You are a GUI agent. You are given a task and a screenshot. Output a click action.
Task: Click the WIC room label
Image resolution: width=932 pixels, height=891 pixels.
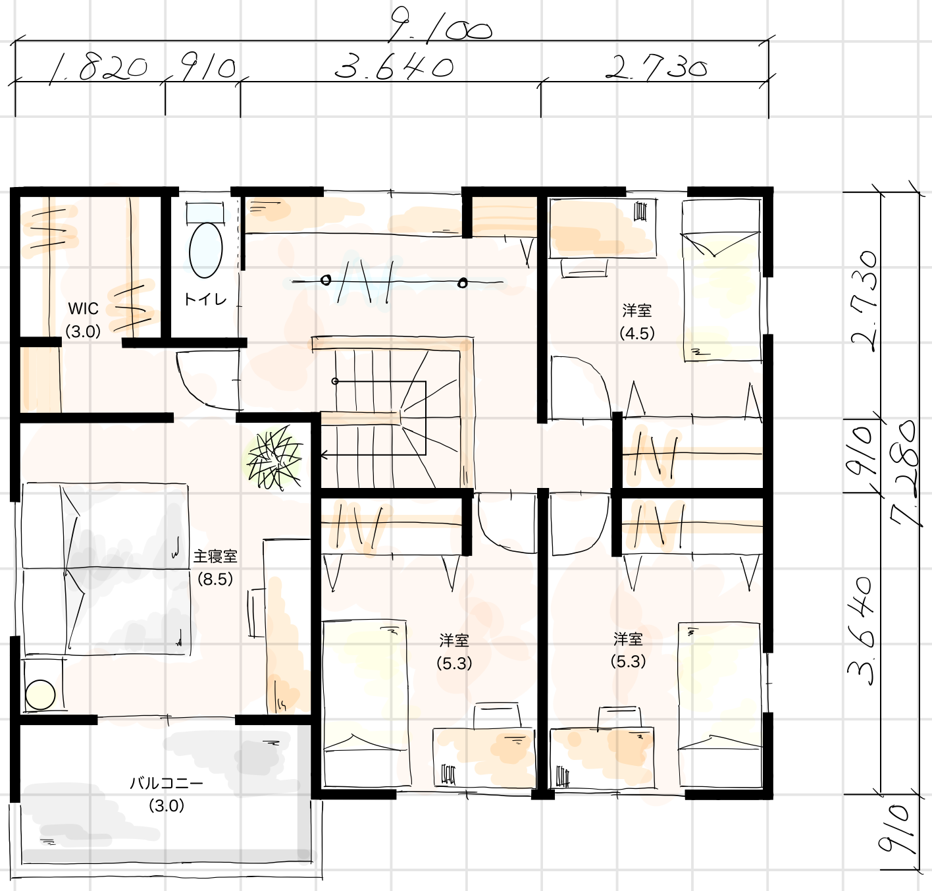tap(83, 309)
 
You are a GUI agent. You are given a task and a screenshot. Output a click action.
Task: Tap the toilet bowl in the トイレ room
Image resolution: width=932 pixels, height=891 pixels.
tap(205, 250)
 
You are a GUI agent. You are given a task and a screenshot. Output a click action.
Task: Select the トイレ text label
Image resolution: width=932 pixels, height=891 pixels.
tap(205, 300)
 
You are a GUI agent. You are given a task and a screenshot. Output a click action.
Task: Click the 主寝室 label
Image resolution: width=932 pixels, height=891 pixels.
tap(215, 556)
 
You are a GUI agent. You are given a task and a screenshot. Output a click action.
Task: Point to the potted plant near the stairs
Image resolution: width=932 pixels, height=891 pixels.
tap(274, 458)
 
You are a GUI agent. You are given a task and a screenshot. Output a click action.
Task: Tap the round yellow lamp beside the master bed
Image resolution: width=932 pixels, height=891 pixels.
tap(40, 695)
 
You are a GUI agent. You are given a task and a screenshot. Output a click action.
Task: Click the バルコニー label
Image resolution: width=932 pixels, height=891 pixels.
tap(167, 784)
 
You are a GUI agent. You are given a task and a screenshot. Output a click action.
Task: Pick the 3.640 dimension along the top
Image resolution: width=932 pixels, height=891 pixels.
tap(394, 67)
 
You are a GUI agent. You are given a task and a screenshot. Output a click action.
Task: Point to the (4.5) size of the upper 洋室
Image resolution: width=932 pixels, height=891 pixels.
tap(636, 334)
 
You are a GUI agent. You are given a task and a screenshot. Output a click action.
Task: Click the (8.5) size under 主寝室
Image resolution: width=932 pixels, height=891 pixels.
tap(215, 579)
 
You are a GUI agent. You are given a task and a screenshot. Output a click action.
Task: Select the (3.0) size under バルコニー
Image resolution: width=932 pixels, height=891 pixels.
tap(167, 805)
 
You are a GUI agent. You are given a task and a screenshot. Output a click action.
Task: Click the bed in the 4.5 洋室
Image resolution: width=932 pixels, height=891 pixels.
tap(722, 281)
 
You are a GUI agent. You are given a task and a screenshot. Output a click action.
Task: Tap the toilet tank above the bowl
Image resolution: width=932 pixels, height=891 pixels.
tap(205, 212)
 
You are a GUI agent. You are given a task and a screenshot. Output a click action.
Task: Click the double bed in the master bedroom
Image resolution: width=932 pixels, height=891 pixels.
tap(105, 569)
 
